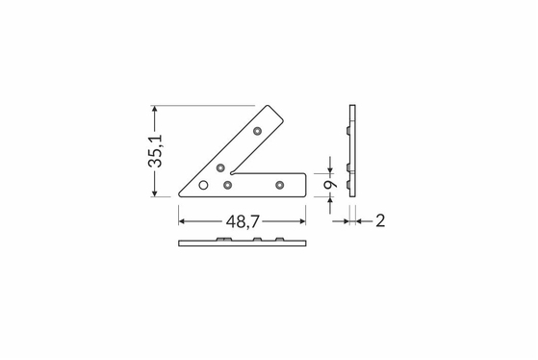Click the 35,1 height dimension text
coord(155,151)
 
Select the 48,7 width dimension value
coord(243,221)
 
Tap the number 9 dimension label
coord(330,184)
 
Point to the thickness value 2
coord(380,221)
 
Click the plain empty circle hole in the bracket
coord(203,186)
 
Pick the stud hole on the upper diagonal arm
coord(257,131)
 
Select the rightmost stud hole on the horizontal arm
coord(280,186)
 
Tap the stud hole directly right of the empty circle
coord(227,186)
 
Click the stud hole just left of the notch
coord(220,167)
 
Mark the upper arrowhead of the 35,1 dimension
coord(155,109)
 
